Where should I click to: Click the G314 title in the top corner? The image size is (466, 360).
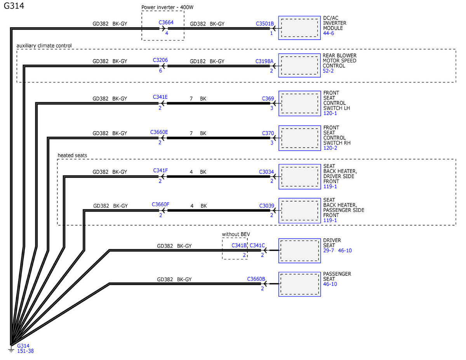click(x=14, y=6)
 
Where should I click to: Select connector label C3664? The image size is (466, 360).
click(x=166, y=22)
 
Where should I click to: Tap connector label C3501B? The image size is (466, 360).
click(x=264, y=24)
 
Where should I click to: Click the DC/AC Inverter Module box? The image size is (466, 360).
click(x=299, y=28)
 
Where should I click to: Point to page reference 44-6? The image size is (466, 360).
click(x=328, y=33)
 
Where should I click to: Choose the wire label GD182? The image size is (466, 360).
click(x=198, y=61)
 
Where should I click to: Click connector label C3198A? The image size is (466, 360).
click(x=264, y=61)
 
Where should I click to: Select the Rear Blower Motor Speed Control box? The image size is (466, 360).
click(x=299, y=65)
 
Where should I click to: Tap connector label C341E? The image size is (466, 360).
click(x=160, y=97)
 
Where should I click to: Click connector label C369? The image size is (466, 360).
click(x=268, y=98)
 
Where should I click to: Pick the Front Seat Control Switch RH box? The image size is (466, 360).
click(x=299, y=138)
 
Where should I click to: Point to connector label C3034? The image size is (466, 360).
click(x=266, y=172)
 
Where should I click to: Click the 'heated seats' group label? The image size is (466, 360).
click(x=72, y=155)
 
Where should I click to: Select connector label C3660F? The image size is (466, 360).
click(x=160, y=204)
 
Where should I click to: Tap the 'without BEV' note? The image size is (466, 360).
click(x=236, y=234)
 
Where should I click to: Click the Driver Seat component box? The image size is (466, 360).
click(x=299, y=250)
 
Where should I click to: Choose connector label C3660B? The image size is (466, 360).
click(x=256, y=279)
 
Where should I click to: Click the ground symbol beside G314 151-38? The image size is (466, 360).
click(x=11, y=350)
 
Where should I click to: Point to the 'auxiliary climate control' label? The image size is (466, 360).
click(x=44, y=46)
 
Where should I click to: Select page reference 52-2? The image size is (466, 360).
click(x=328, y=71)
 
